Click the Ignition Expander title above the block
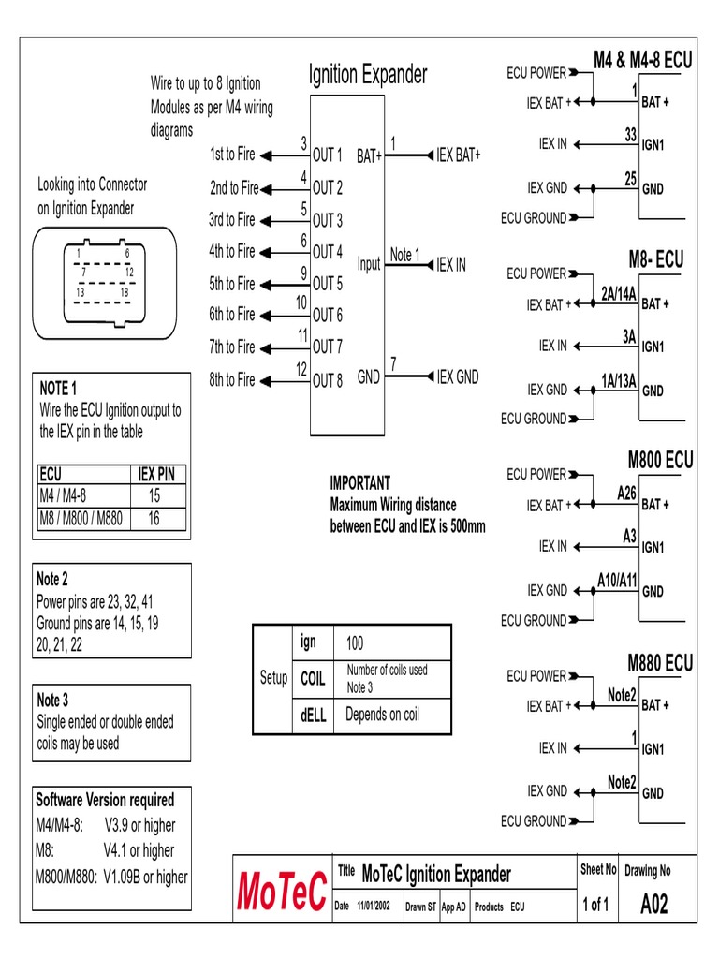[x=368, y=75]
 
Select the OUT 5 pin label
[x=328, y=284]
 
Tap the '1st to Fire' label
[x=232, y=155]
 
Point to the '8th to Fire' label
[x=232, y=379]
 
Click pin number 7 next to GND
[x=393, y=364]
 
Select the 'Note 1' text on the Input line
[x=404, y=255]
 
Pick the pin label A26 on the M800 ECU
[x=626, y=492]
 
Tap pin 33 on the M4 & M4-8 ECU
[x=631, y=135]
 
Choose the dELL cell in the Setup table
[x=313, y=715]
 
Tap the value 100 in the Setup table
[x=355, y=643]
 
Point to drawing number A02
[x=653, y=906]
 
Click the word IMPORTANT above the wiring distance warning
[x=360, y=483]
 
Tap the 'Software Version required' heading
[x=105, y=800]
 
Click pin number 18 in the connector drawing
[x=124, y=292]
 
